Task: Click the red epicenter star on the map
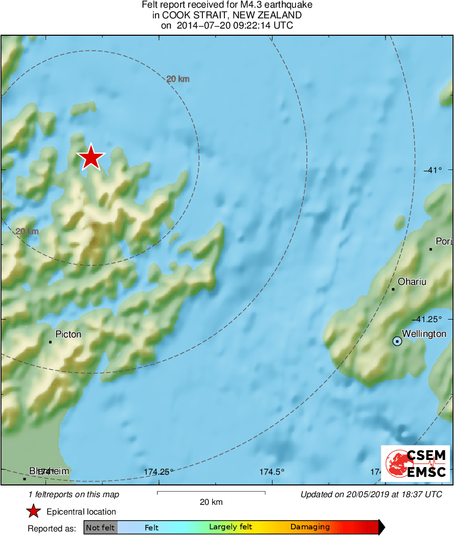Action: pos(91,157)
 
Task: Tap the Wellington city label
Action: pos(424,334)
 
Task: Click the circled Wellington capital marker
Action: pos(397,341)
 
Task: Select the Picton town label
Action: pos(68,334)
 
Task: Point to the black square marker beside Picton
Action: pos(50,342)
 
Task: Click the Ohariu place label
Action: pos(412,282)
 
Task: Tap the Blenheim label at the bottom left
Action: pos(49,471)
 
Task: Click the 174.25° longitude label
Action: pos(159,472)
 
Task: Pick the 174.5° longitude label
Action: pos(272,472)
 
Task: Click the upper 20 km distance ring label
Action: pos(178,79)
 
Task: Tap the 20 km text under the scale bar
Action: pos(211,502)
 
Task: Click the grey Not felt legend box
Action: pos(100,527)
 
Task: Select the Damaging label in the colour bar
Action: pos(310,527)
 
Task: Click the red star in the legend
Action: pos(34,511)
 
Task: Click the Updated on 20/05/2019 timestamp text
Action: pos(371,494)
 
